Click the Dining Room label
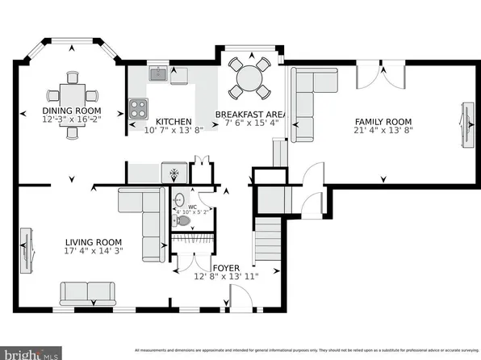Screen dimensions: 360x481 click(72, 111)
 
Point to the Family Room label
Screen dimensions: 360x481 click(383, 121)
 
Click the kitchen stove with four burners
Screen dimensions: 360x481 click(138, 105)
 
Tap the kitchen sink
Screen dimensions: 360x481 click(157, 75)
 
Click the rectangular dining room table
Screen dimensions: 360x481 click(72, 93)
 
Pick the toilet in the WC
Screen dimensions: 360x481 click(181, 220)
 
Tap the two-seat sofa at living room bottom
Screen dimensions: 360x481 click(88, 292)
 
